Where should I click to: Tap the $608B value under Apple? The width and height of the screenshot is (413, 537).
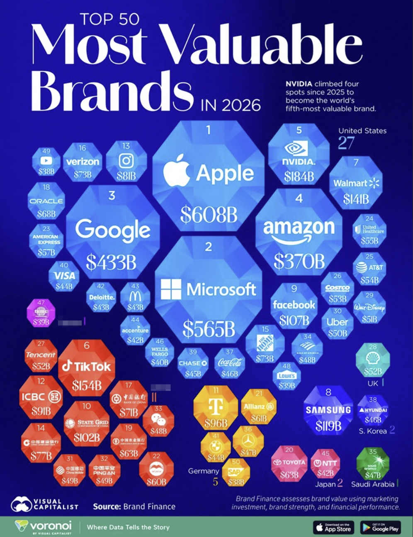click(209, 214)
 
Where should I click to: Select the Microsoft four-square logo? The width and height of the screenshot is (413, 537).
click(171, 289)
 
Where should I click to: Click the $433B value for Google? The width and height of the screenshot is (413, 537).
click(111, 262)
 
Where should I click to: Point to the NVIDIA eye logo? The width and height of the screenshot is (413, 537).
click(296, 149)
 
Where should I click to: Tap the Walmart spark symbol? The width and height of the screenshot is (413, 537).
click(374, 183)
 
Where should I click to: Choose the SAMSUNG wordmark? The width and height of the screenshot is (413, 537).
click(328, 410)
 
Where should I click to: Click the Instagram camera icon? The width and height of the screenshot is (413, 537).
click(126, 161)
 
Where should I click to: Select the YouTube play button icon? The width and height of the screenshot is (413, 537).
click(46, 161)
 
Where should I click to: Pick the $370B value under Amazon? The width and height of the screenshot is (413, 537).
click(299, 261)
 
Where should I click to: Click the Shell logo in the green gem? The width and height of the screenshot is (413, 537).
click(372, 358)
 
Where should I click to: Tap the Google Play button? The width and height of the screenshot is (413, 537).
click(380, 527)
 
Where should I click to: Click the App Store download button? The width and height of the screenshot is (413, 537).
click(333, 527)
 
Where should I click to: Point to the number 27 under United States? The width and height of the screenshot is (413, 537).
click(346, 143)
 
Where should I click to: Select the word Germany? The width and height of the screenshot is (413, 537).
click(203, 471)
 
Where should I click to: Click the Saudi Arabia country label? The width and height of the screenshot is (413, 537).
click(372, 484)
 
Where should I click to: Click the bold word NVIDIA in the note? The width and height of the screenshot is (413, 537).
click(299, 84)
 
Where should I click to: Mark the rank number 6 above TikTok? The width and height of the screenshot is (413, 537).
click(86, 346)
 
